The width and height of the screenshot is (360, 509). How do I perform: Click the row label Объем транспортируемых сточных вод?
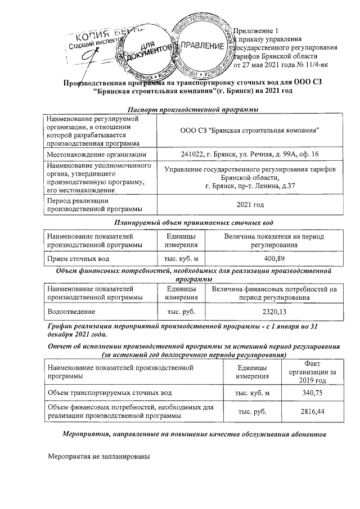(x=110, y=392)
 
